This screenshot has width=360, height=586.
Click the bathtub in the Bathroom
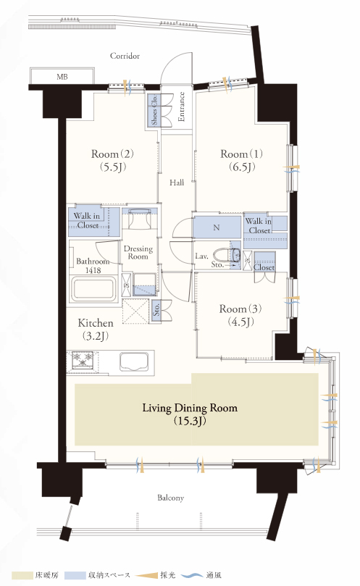(93, 288)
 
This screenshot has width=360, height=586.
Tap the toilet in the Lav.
(227, 254)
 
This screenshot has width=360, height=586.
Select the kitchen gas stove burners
(83, 360)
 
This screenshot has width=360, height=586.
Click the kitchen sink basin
(134, 361)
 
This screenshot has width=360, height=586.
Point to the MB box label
(62, 77)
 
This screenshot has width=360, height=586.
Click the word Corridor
(125, 56)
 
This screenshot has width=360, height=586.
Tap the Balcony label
(170, 498)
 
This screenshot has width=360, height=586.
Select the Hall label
(177, 183)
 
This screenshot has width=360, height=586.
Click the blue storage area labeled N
(217, 227)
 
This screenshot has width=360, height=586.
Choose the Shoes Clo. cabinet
(154, 110)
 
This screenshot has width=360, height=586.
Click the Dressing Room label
(138, 252)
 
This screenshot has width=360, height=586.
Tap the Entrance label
(182, 107)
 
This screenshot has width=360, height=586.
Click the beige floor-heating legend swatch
(22, 575)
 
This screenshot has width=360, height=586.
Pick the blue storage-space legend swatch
(75, 575)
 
